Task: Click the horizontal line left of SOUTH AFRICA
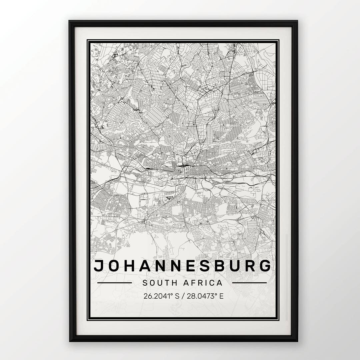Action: coord(115,283)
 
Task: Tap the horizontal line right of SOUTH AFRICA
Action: coord(249,283)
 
